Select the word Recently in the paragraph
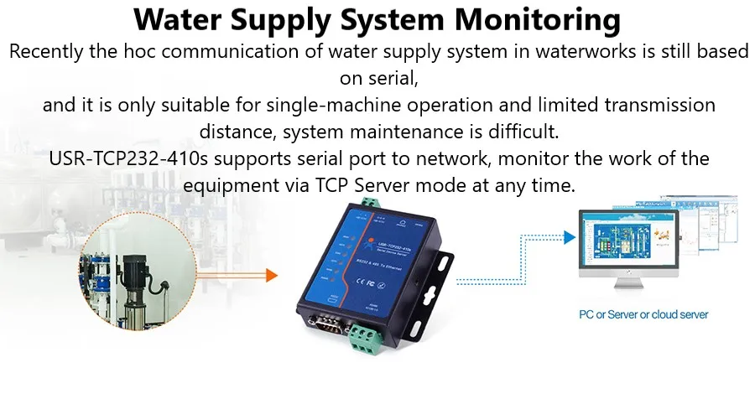click(x=46, y=52)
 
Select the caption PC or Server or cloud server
click(x=643, y=315)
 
